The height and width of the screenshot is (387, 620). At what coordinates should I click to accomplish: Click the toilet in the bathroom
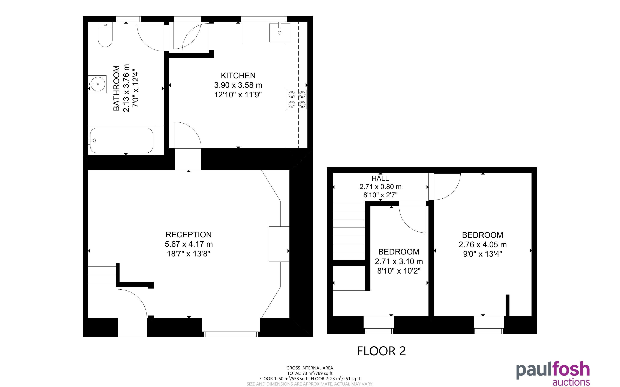[x=105, y=34]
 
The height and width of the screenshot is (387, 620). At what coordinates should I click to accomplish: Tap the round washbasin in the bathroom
[x=97, y=84]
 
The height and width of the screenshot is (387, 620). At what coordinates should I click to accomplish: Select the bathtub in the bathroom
[x=122, y=140]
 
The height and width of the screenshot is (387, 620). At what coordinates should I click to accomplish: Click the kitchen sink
[x=279, y=33]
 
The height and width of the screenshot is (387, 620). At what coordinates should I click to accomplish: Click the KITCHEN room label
[x=238, y=76]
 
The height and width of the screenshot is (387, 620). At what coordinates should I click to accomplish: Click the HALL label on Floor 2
[x=380, y=178]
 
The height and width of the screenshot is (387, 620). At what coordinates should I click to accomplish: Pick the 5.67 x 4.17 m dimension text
[x=189, y=244]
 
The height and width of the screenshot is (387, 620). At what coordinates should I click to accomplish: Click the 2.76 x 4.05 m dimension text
[x=483, y=245]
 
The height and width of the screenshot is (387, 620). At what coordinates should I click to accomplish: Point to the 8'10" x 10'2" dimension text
[x=399, y=271]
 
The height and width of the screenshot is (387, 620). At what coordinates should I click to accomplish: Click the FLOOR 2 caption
[x=382, y=351]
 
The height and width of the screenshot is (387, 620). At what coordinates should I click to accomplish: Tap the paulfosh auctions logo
[x=553, y=374]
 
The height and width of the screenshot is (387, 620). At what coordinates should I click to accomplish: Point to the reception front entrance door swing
[x=132, y=304]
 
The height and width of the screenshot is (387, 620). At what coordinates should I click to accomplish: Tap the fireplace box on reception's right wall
[x=279, y=244]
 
